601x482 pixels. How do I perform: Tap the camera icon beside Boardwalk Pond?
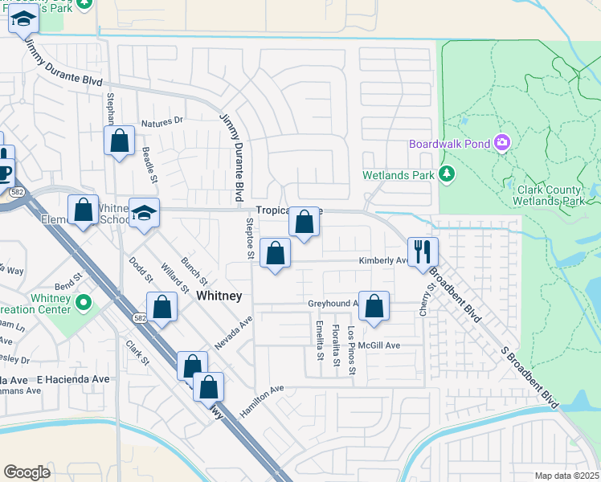point(503,143)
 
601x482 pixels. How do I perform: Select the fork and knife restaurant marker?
point(422,251)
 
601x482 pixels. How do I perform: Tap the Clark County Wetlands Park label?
point(548,195)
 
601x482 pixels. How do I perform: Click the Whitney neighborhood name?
point(219,296)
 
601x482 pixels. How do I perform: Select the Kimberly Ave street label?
point(382,260)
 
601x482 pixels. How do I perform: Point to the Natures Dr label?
point(162,123)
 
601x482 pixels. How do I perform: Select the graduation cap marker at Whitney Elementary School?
point(145,213)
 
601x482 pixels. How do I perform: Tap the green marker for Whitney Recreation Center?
point(84,304)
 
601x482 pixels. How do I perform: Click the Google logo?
point(27,472)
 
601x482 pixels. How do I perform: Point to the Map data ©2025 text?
point(566,476)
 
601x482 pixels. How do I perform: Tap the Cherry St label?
point(423,300)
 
